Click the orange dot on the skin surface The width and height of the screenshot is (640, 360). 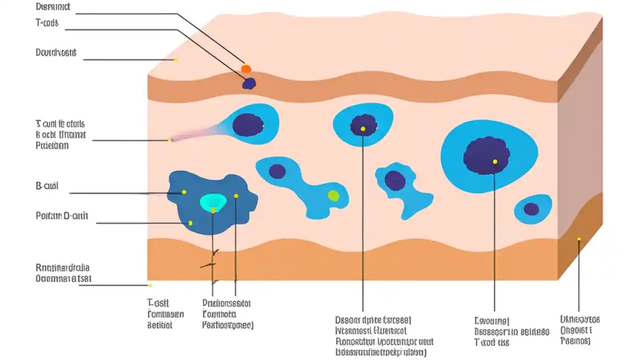pos(245,68)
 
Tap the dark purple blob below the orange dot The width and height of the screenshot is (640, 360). pos(249,83)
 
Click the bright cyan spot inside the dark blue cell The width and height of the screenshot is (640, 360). pos(213,201)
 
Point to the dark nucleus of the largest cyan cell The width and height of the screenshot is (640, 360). pos(486,155)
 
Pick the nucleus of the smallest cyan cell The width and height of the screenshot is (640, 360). pos(531,209)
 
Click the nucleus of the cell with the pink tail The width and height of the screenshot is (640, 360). pos(248,125)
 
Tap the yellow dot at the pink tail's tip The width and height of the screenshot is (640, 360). pos(170,140)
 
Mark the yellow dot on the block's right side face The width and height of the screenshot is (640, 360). pos(579,239)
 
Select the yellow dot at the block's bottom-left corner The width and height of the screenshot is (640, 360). pos(149,285)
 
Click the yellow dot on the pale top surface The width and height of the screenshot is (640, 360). pos(175,60)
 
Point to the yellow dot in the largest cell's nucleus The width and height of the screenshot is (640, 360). pos(494,161)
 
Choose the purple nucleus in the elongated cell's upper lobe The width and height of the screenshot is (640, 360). pos(277,171)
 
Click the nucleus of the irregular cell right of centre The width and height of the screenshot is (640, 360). pos(395,180)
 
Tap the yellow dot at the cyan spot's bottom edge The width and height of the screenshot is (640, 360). pos(213,210)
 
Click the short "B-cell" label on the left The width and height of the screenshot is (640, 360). pos(47,186)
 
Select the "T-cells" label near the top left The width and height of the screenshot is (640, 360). pos(47,23)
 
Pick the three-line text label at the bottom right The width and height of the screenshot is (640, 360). pos(580,330)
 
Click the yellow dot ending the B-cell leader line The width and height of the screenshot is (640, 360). pos(184,192)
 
